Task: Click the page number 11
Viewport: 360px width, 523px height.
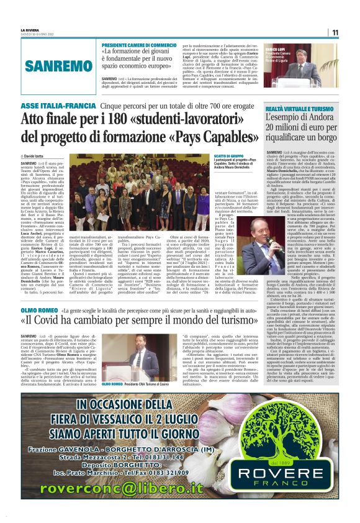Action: click(x=335, y=32)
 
